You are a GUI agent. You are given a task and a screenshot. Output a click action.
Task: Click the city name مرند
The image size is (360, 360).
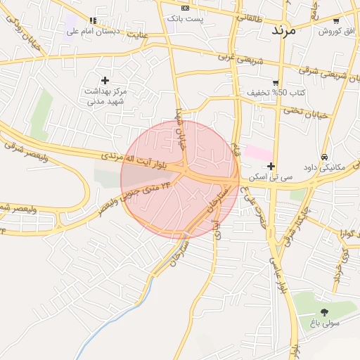[x=288, y=31]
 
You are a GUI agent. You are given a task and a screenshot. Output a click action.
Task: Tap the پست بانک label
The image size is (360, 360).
[x=185, y=18]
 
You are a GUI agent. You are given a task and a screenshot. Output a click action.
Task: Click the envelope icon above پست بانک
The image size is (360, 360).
[x=185, y=8]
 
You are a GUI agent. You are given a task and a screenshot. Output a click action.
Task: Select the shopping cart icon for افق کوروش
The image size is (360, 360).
[x=336, y=21]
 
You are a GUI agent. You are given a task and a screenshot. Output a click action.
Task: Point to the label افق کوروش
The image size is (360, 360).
[x=336, y=32]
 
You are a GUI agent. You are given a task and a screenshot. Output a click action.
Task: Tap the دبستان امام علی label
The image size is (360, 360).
[x=84, y=31]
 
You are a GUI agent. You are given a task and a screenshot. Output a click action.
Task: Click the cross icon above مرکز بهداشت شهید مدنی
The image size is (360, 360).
[x=105, y=80]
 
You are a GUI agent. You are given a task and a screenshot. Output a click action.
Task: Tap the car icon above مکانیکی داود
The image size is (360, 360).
[x=323, y=156]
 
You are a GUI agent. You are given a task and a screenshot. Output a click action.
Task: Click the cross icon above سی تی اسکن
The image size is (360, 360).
[x=271, y=166]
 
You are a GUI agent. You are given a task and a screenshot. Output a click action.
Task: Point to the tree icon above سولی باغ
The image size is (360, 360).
[x=324, y=312]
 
